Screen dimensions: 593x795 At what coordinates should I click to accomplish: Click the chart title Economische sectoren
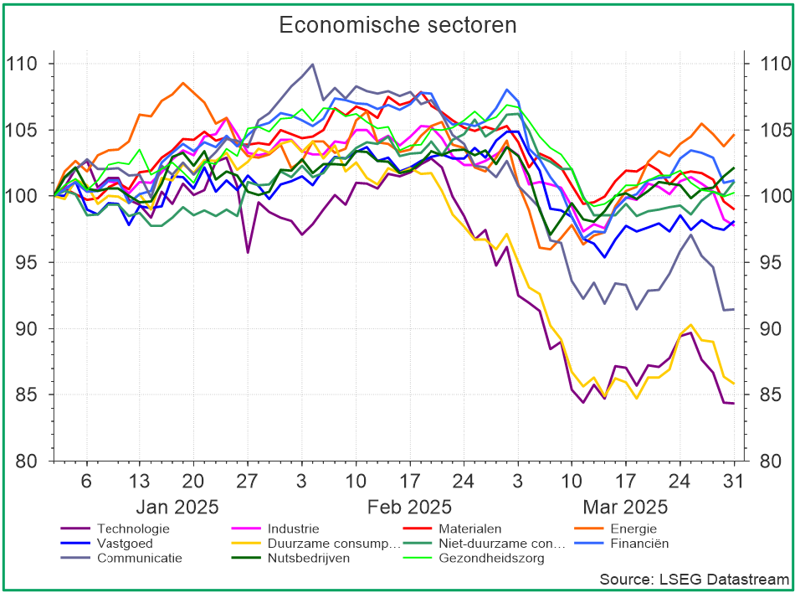tap(397, 25)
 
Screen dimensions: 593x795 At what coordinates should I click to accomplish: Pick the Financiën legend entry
tap(639, 543)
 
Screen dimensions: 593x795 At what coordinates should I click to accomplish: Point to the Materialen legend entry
tap(469, 529)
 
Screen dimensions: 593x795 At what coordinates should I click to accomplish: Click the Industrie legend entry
tap(293, 529)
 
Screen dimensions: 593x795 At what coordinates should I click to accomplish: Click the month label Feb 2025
tap(409, 507)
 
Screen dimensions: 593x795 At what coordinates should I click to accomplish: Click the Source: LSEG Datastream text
tap(694, 579)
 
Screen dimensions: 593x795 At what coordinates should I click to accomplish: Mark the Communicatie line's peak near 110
tap(312, 64)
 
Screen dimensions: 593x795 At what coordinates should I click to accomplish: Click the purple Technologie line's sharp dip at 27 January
tap(248, 252)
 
